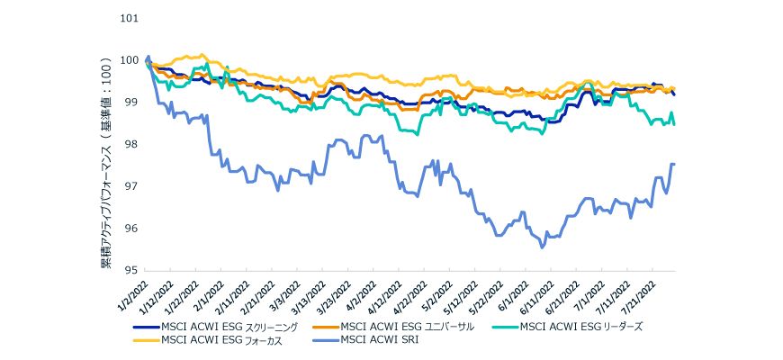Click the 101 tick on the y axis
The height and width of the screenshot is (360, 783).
tap(129, 18)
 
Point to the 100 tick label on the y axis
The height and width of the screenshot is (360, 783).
tap(129, 60)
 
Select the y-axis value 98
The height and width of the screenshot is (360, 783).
tap(131, 144)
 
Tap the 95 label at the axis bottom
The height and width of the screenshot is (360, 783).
tap(131, 270)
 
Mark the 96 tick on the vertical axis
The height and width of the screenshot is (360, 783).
tap(131, 229)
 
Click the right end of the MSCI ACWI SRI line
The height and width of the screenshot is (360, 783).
tap(674, 164)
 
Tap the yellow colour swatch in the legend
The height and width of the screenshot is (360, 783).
tap(144, 340)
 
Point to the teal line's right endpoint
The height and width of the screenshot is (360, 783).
tap(674, 123)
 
